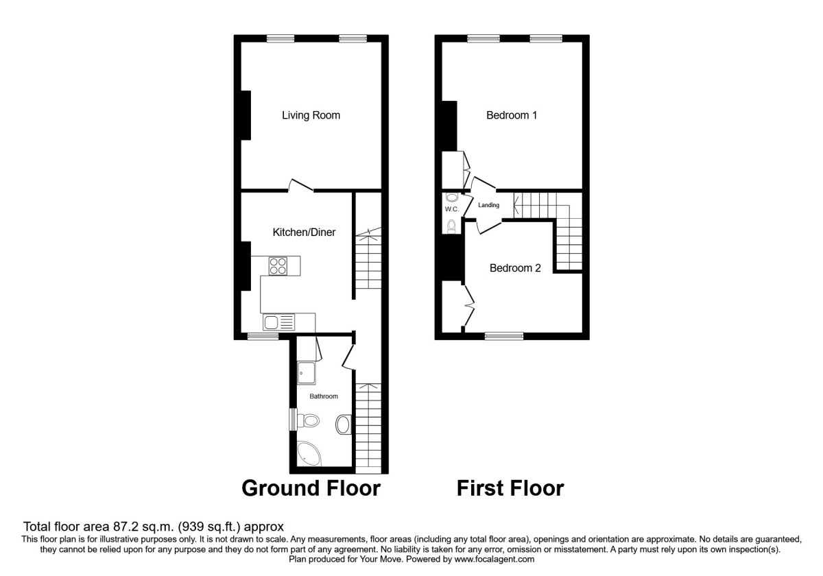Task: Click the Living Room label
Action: pyautogui.click(x=311, y=115)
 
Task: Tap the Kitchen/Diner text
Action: pyautogui.click(x=304, y=232)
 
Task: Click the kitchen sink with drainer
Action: pyautogui.click(x=278, y=322)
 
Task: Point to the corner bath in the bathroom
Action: pyautogui.click(x=308, y=453)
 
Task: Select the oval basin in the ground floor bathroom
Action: pyautogui.click(x=343, y=424)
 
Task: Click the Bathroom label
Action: pyautogui.click(x=324, y=396)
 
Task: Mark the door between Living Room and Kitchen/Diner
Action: pyautogui.click(x=300, y=184)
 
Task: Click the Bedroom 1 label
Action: pyautogui.click(x=511, y=115)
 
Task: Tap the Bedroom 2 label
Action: pyautogui.click(x=515, y=268)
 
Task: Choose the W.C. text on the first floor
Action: pyautogui.click(x=451, y=209)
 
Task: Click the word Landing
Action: pyautogui.click(x=489, y=205)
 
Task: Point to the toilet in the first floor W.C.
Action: pyautogui.click(x=451, y=225)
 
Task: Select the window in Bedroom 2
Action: pyautogui.click(x=504, y=335)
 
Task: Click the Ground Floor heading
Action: pyautogui.click(x=311, y=488)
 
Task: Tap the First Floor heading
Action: pyautogui.click(x=510, y=488)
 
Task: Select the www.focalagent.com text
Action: pyautogui.click(x=494, y=559)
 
